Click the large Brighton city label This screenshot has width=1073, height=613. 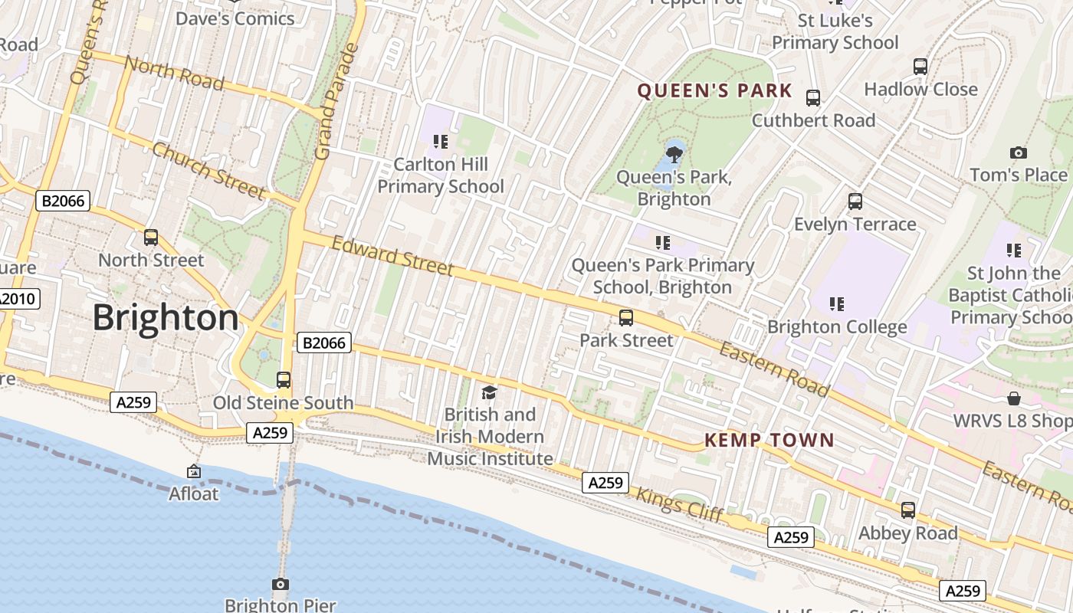pos(166,318)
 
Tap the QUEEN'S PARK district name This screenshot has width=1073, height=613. pos(714,91)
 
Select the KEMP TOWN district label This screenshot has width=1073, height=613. pos(769,440)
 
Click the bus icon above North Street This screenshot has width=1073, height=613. pos(151,238)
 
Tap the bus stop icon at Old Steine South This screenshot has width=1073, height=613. pos(284,379)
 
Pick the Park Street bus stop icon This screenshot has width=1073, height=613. pos(626,317)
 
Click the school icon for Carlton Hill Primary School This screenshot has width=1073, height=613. pos(441,141)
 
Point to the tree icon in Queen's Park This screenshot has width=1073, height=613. pos(674,154)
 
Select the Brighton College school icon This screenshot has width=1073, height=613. pos(837,304)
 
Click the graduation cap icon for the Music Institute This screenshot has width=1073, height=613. pos(489,393)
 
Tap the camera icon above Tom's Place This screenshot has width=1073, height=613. pos(1018,152)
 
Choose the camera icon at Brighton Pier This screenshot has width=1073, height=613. pos(281,585)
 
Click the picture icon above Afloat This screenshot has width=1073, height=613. pos(194,471)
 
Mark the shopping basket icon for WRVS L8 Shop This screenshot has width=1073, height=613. pos(1014,398)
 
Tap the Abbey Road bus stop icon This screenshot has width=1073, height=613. pos(908,510)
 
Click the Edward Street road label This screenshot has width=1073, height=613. pos(392,256)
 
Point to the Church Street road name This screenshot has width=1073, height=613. pos(208,170)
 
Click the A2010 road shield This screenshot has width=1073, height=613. pos(18,299)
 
